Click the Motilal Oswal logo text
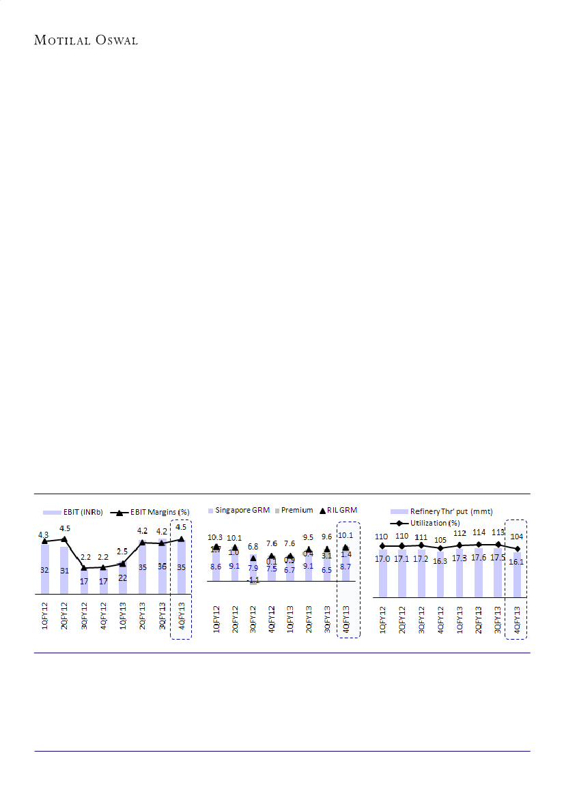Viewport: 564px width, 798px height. click(85, 40)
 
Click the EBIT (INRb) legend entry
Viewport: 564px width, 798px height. click(72, 512)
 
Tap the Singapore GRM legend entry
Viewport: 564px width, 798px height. click(239, 510)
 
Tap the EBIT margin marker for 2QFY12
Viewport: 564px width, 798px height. click(64, 539)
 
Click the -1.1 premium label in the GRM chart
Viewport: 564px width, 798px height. click(253, 580)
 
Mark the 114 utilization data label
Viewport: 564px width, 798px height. click(479, 533)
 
